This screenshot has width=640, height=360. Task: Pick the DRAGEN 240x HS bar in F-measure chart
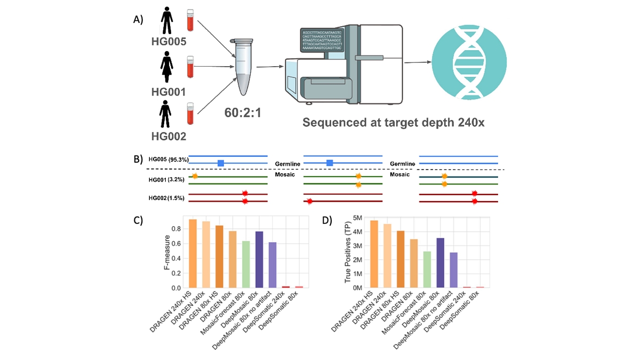(193, 253)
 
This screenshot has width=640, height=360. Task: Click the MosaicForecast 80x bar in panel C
(245, 265)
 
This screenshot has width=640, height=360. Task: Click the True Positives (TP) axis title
(348, 253)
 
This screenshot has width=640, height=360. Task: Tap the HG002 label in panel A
(168, 136)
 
